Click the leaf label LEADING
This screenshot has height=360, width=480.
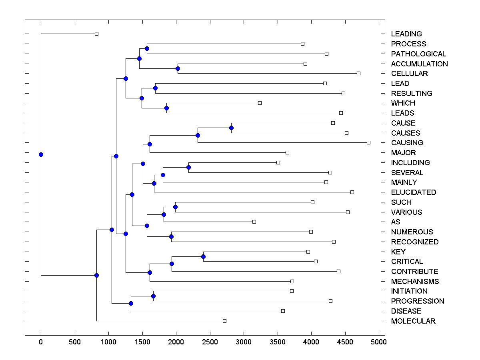[x=406, y=34]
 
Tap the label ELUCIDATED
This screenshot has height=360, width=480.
[x=413, y=192]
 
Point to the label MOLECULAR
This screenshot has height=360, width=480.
[x=413, y=321]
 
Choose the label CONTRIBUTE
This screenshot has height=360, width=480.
[x=414, y=272]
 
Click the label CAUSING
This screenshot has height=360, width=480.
[x=407, y=143]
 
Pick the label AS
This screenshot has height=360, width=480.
[x=395, y=222]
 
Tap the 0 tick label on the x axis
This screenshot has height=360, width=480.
[x=41, y=342]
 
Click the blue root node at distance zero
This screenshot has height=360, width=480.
[x=41, y=154]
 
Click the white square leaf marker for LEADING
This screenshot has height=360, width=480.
[x=96, y=34]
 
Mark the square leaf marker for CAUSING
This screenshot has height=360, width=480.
[x=368, y=142]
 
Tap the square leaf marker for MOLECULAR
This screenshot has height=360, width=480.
[x=224, y=321]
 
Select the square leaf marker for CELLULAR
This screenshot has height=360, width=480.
[x=358, y=73]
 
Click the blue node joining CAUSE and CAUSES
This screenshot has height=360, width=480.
[x=231, y=128]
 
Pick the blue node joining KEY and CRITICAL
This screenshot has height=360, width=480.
[x=203, y=256]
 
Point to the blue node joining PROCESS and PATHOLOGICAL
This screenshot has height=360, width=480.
[x=147, y=48]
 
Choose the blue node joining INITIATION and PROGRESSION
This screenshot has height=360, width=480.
[x=153, y=296]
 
